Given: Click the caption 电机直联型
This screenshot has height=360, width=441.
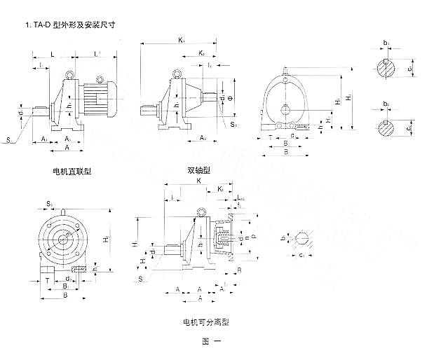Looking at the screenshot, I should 70,171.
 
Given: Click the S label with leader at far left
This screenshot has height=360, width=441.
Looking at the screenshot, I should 8,141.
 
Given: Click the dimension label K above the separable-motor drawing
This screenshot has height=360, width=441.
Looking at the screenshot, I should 198,180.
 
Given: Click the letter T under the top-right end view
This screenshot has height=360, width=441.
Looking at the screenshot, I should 271,137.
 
